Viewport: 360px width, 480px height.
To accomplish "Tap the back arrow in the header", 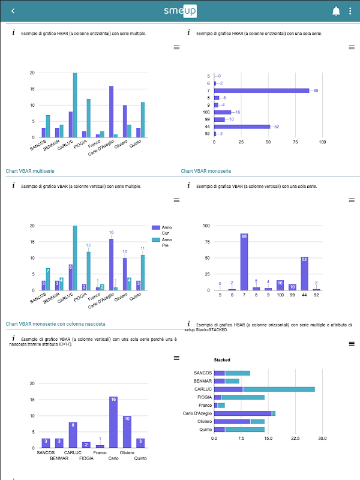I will [14, 11].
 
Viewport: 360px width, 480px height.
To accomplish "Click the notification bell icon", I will [336, 11].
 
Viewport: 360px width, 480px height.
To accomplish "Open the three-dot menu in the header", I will [350, 11].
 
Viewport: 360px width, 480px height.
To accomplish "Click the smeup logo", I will [180, 11].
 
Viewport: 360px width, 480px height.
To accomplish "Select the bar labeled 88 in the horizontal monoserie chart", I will [262, 91].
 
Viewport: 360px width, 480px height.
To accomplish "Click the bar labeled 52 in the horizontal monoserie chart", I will [242, 127].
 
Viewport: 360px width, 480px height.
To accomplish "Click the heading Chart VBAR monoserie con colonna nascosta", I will [55, 324].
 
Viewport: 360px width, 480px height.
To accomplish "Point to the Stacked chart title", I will [223, 360].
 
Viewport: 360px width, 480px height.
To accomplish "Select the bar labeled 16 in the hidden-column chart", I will [112, 422].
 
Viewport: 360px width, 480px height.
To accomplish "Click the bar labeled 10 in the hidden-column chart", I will [127, 431].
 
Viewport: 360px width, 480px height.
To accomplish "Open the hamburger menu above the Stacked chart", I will [352, 344].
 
